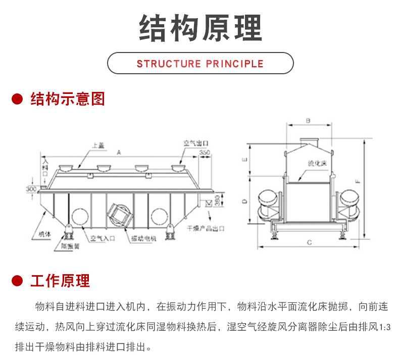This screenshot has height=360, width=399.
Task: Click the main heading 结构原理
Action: coord(200,28)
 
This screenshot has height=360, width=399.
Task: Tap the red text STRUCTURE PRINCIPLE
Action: coord(200,64)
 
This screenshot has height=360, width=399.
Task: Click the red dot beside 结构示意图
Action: coord(18,99)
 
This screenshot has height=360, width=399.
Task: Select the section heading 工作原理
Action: coord(60,281)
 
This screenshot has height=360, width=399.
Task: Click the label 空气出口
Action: coord(195,143)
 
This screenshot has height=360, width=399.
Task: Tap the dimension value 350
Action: coord(204,152)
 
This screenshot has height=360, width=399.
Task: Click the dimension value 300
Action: coord(32,188)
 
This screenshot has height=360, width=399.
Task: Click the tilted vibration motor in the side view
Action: coord(121,213)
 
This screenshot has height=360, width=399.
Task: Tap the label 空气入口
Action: coord(103,238)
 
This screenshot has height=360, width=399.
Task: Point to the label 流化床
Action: coord(318,164)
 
